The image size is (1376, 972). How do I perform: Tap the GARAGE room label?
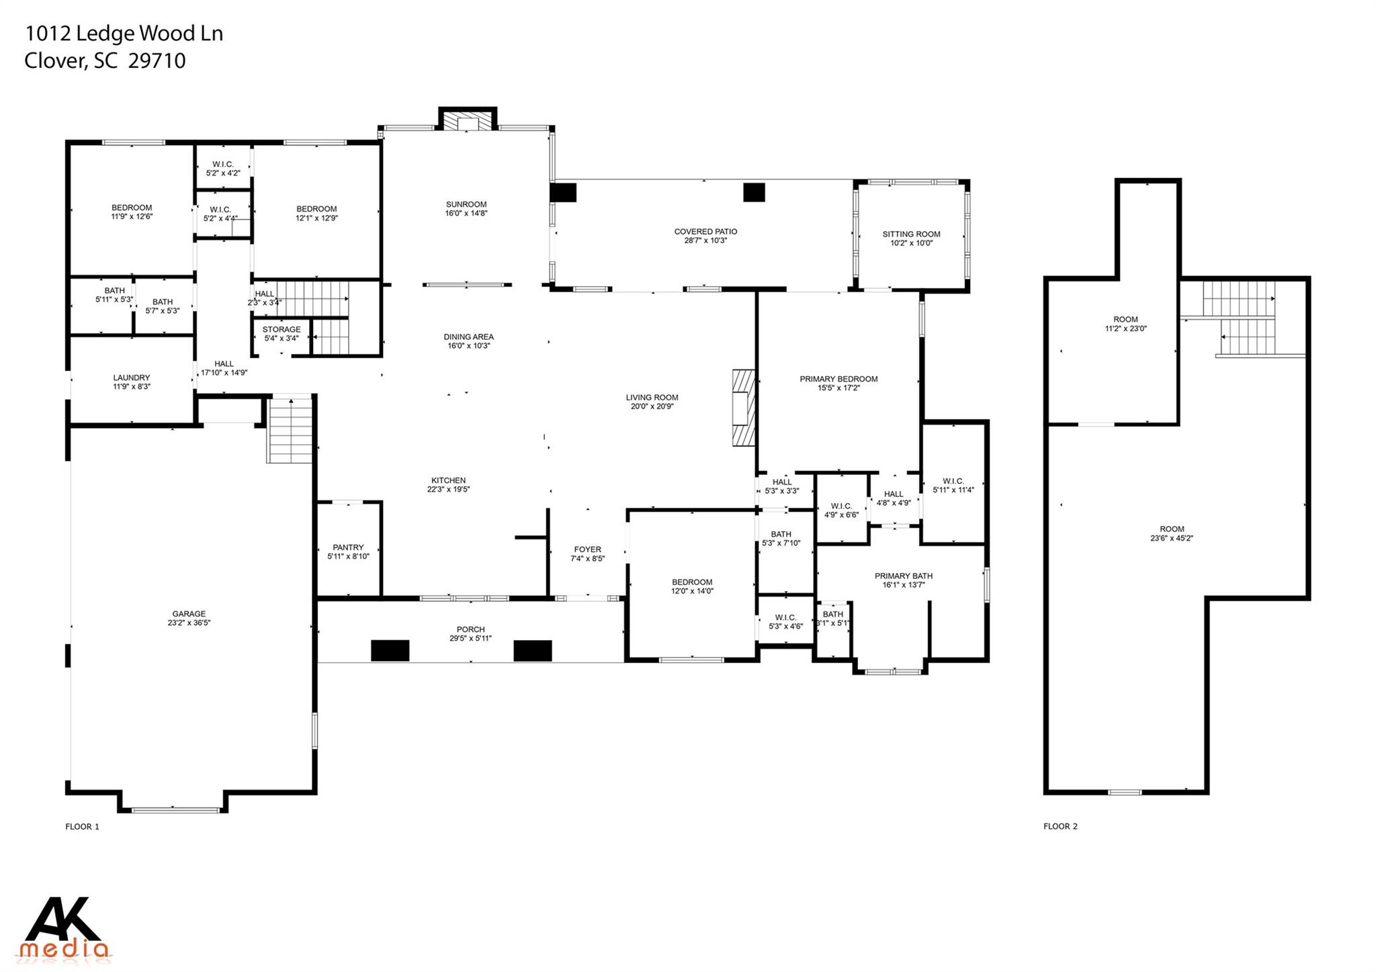pyautogui.click(x=189, y=613)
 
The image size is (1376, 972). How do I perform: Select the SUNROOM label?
pyautogui.click(x=466, y=204)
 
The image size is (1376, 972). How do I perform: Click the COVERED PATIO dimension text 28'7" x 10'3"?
pyautogui.click(x=705, y=240)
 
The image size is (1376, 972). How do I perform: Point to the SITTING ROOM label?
pyautogui.click(x=911, y=234)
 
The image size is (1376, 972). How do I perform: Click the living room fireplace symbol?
pyautogui.click(x=744, y=407)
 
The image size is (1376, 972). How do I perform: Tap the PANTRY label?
pyautogui.click(x=348, y=547)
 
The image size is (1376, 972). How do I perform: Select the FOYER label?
pyautogui.click(x=587, y=549)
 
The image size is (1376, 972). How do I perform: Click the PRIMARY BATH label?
pyautogui.click(x=903, y=576)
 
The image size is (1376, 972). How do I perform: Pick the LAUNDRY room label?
pyautogui.click(x=131, y=378)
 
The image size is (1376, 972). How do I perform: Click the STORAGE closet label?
pyautogui.click(x=281, y=329)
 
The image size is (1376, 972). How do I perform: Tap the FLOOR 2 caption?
pyautogui.click(x=1060, y=826)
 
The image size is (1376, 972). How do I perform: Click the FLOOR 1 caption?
pyautogui.click(x=82, y=826)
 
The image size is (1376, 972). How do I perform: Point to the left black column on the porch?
pyautogui.click(x=390, y=650)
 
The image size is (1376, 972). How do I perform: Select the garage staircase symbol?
pyautogui.click(x=290, y=431)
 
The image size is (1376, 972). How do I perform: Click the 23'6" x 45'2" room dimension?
pyautogui.click(x=1171, y=538)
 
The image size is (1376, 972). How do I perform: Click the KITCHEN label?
pyautogui.click(x=448, y=480)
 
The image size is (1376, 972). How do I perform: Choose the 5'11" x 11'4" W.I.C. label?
pyautogui.click(x=953, y=481)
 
